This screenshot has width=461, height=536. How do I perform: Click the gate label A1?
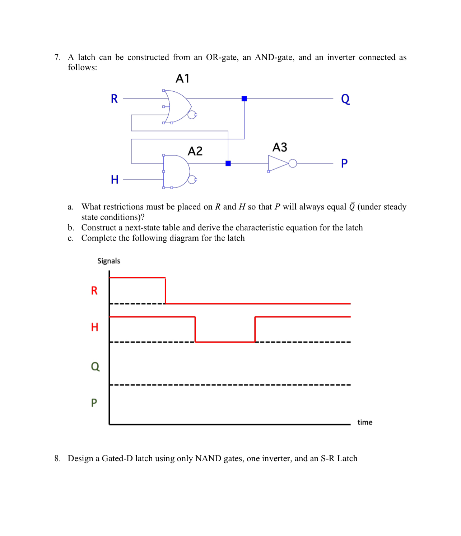[x=182, y=78]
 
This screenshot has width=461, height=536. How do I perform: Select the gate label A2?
[x=195, y=151]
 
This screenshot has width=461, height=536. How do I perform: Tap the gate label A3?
[x=280, y=147]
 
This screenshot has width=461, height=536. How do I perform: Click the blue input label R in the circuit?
[x=114, y=99]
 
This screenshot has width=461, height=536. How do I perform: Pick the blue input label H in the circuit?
[x=115, y=179]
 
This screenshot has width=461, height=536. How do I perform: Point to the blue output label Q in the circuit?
[x=345, y=99]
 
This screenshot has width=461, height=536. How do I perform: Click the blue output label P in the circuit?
[x=344, y=164]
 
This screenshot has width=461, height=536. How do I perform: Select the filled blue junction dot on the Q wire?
[x=244, y=99]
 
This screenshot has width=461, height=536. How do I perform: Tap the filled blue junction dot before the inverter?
[x=228, y=163]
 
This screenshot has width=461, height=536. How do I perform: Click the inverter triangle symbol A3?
[x=277, y=163]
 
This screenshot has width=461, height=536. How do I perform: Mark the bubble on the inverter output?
[x=293, y=164]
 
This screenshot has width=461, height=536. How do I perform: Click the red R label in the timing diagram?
[x=94, y=290]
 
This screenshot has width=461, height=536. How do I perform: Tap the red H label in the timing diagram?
[x=94, y=327]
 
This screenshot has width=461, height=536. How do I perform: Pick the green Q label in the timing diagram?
[x=95, y=366]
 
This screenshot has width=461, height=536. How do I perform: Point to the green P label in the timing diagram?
[x=94, y=403]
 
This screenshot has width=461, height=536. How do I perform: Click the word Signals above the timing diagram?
[x=109, y=261]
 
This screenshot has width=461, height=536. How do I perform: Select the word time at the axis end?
[x=365, y=422]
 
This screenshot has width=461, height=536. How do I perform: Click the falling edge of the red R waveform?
[x=165, y=290]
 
